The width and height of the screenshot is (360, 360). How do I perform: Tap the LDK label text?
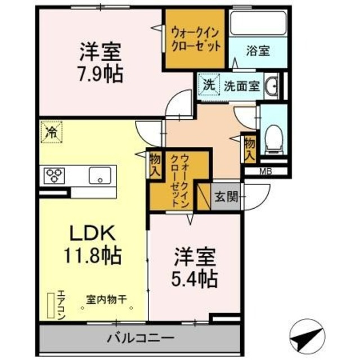point(92,233)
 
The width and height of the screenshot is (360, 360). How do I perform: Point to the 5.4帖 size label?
point(195,277)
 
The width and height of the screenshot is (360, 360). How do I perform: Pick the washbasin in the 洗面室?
point(272,86)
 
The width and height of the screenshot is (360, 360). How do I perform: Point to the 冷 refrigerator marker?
point(51,133)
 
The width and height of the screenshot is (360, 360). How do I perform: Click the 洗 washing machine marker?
point(208,86)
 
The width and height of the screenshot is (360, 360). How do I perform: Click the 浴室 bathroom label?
point(258,51)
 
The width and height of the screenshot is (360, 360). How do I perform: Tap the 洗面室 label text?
point(241,86)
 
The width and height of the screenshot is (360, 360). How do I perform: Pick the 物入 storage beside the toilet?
point(249,148)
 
